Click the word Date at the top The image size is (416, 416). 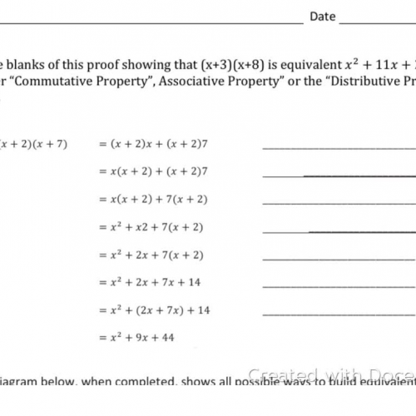[323, 16]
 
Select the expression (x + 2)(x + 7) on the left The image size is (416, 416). [34, 143]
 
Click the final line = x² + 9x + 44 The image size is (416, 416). [136, 338]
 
